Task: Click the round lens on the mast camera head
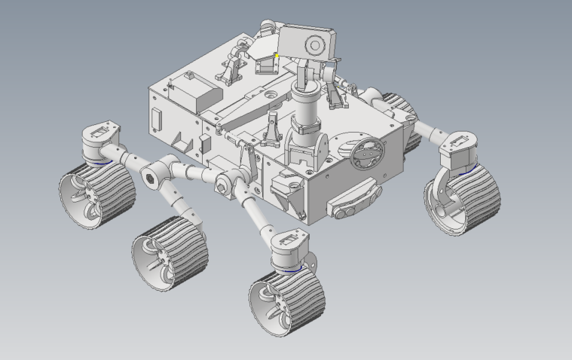pos(312,47)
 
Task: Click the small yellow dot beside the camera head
pos(277,55)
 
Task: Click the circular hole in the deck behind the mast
pos(269,96)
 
